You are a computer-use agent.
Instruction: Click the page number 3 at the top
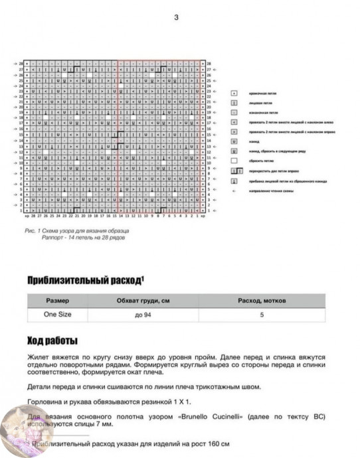176,18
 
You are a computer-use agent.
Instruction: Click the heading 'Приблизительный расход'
85,280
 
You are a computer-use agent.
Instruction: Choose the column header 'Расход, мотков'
261,301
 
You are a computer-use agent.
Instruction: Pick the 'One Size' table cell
57,315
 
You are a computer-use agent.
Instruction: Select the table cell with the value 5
261,315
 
